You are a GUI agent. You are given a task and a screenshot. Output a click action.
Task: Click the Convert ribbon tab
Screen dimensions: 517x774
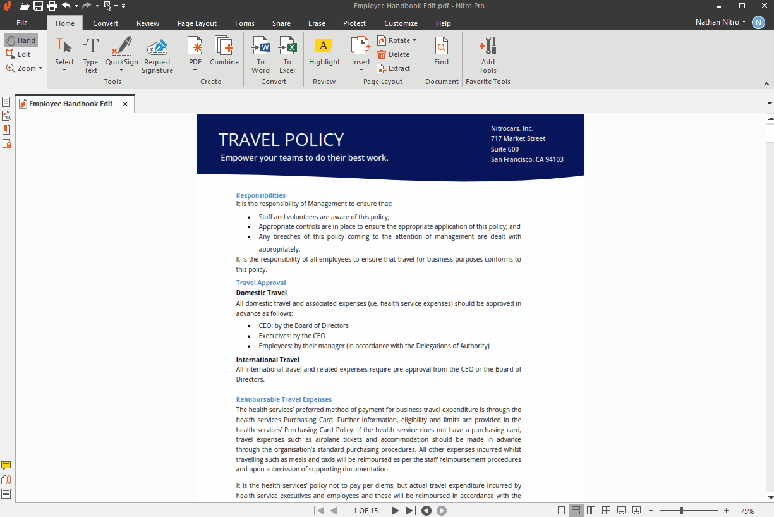(x=106, y=23)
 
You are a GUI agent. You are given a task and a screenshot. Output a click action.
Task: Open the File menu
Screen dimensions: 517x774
(x=22, y=23)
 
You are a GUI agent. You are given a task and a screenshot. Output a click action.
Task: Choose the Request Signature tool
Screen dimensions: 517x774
(x=157, y=55)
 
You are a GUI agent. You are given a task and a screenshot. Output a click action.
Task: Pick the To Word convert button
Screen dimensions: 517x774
(x=260, y=55)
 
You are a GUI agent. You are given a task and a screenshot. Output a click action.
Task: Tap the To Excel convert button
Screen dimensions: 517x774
(x=287, y=55)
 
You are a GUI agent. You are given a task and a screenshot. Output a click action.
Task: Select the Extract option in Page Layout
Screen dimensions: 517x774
(x=394, y=68)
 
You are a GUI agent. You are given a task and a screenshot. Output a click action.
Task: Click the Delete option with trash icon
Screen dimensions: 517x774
(x=394, y=54)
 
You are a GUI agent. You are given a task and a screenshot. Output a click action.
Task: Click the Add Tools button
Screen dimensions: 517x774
(x=488, y=55)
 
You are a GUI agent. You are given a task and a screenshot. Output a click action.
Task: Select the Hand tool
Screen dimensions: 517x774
(x=21, y=40)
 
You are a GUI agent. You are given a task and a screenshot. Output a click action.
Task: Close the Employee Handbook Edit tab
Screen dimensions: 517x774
(x=125, y=104)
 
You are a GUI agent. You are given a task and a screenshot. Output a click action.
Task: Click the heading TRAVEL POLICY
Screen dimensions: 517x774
(x=281, y=140)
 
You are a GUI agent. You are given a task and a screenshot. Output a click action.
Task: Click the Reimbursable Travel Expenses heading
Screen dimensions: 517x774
(x=284, y=399)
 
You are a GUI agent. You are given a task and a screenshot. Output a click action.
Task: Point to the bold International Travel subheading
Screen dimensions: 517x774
(x=267, y=360)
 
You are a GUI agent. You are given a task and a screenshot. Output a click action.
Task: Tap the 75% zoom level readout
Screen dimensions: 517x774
(x=747, y=511)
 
